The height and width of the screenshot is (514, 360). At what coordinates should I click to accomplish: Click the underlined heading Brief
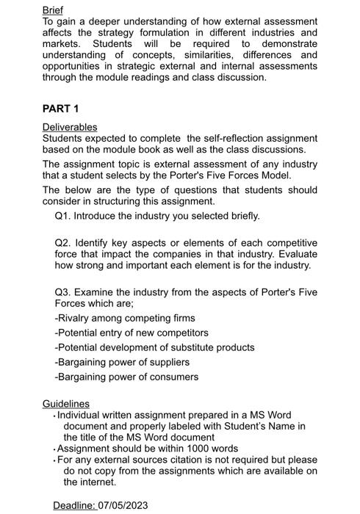pos(52,10)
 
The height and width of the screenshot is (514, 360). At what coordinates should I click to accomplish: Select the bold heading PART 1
pos(60,109)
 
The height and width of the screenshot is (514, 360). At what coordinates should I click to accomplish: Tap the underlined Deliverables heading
pos(70,127)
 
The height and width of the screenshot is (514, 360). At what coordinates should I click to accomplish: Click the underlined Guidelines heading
pos(65,404)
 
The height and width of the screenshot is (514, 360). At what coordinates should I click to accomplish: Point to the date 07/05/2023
pos(123,505)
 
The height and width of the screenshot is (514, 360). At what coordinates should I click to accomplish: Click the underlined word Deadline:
pos(74,505)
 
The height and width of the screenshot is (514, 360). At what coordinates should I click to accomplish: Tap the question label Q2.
pos(63,242)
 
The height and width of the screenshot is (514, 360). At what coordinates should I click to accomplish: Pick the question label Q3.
pos(63,292)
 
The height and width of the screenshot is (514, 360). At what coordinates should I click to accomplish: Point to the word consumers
pos(173,377)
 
